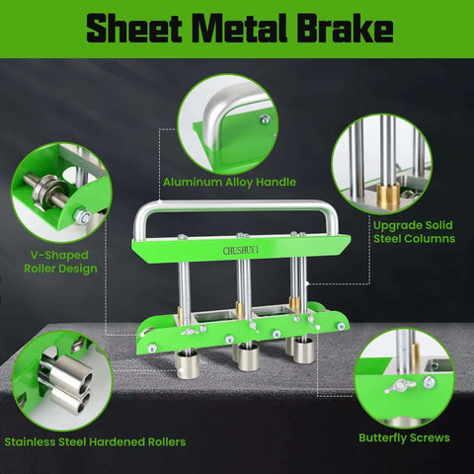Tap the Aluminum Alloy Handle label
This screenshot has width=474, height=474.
(230, 182)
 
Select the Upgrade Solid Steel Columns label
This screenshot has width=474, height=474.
(413, 231)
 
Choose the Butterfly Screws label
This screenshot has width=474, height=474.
(403, 436)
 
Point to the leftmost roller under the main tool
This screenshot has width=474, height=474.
(188, 363)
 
